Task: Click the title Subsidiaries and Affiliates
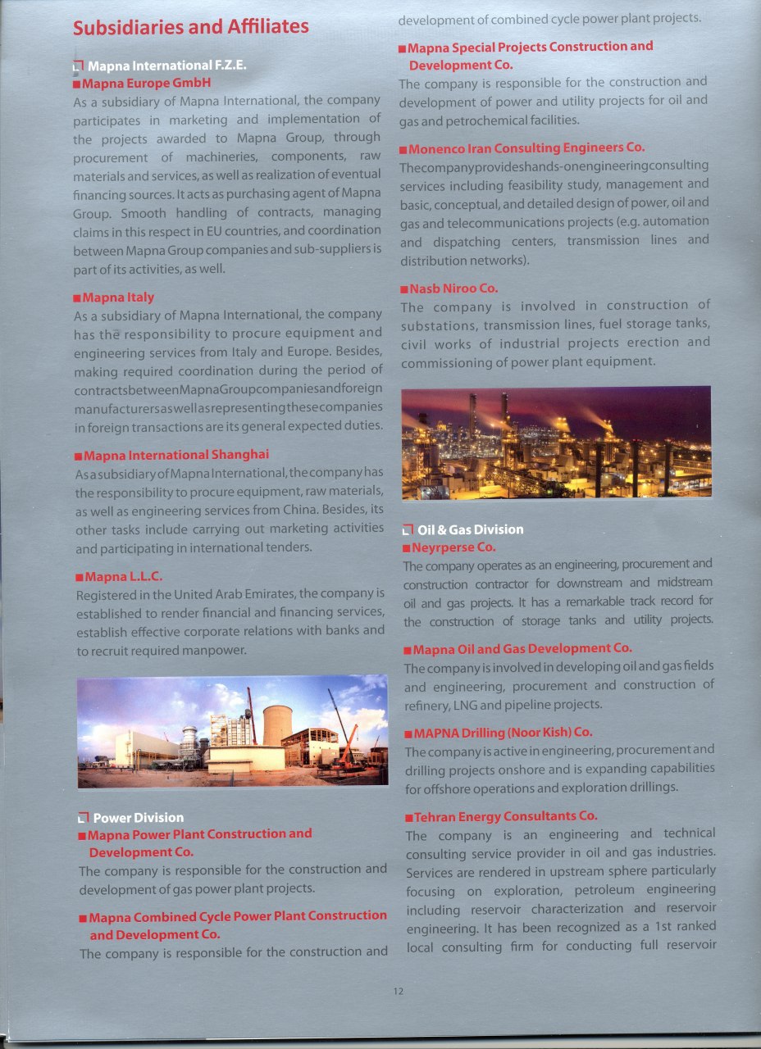(190, 27)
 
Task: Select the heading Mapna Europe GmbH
(147, 83)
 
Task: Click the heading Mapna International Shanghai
(175, 455)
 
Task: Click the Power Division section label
(138, 817)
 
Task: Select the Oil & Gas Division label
(470, 529)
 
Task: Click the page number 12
(399, 991)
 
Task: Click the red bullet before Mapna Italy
(76, 298)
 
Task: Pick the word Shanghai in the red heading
(240, 455)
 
